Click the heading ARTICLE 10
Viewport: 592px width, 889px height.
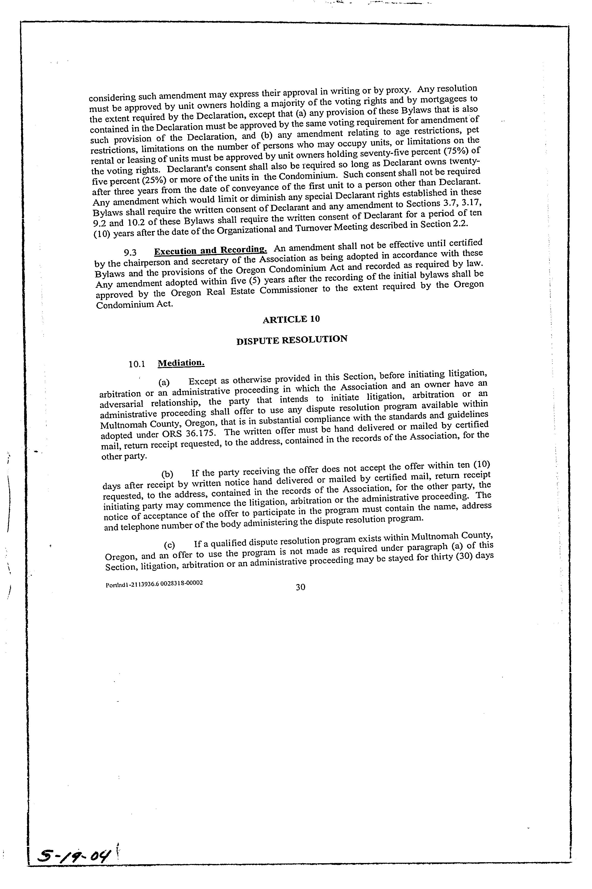point(291,319)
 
